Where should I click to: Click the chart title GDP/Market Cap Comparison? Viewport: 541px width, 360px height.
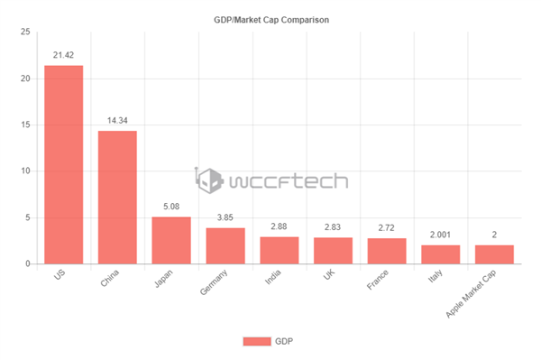click(270, 19)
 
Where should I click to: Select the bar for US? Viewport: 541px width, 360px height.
click(63, 164)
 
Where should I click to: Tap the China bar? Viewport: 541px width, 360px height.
click(117, 197)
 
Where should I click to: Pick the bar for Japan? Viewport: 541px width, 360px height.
click(170, 240)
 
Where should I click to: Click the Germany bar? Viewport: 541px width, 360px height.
click(225, 245)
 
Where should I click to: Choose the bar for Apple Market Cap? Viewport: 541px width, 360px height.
click(494, 254)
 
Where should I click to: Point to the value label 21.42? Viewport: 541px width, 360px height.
click(63, 54)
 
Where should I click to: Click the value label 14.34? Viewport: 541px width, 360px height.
click(117, 120)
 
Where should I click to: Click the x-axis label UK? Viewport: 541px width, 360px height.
click(330, 276)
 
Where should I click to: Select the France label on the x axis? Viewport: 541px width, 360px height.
click(379, 281)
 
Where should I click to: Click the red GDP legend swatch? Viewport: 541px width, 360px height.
click(257, 341)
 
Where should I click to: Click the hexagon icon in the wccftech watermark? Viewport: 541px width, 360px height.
click(210, 179)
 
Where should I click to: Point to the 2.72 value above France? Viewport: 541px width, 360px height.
click(387, 227)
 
